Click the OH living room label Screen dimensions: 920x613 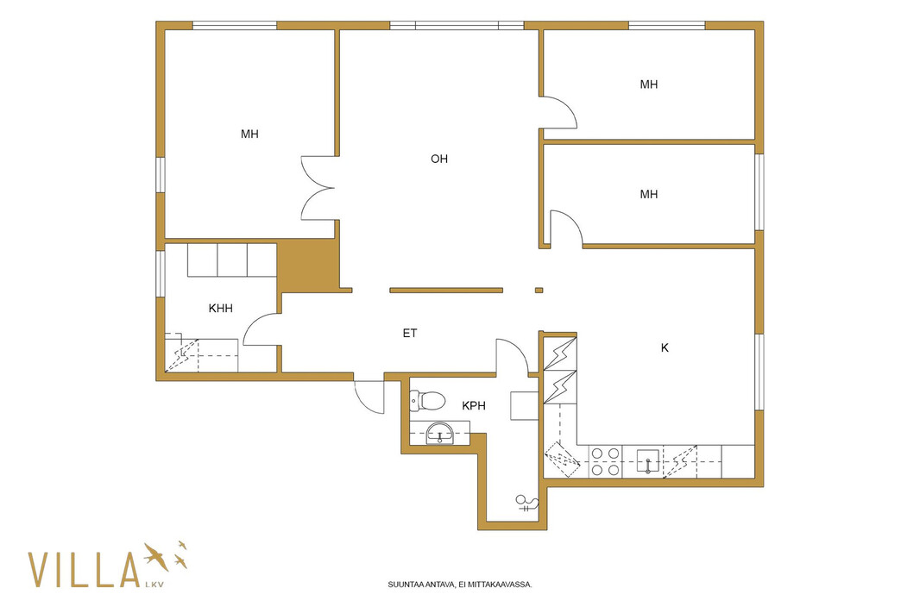439,159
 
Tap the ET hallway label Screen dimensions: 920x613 410,334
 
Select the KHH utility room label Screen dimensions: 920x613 221,309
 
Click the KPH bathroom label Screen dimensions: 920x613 474,405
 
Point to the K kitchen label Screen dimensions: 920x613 665,348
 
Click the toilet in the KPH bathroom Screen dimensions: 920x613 427,401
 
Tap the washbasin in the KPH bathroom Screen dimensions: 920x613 439,433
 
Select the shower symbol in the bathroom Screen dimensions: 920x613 526,504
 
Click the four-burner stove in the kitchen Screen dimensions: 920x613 605,461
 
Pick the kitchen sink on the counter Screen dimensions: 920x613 648,461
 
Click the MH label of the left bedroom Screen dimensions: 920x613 249,134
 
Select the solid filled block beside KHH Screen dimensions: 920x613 307,266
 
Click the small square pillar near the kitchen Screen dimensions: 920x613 539,290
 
